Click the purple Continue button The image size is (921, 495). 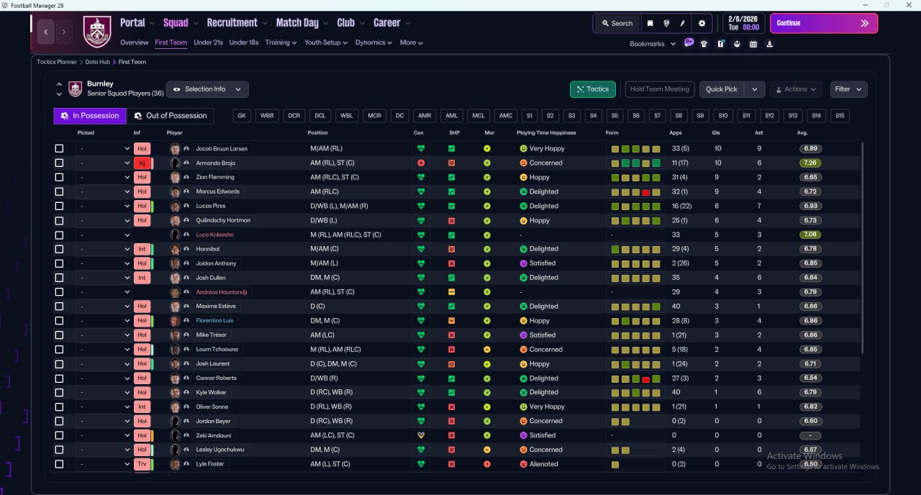(x=824, y=23)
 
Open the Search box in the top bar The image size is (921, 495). (x=617, y=24)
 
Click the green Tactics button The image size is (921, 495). (x=592, y=89)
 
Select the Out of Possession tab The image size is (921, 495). (x=171, y=116)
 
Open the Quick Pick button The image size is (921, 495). (x=721, y=89)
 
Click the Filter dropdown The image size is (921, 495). (x=848, y=89)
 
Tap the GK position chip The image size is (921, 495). (x=242, y=116)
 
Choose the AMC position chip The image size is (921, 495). (x=505, y=116)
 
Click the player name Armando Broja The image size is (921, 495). (x=215, y=163)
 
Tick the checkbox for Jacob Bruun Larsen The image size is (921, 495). (x=59, y=148)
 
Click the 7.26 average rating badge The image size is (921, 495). (x=810, y=163)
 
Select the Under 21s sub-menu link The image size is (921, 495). (x=208, y=42)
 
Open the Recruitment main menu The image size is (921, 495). (x=232, y=23)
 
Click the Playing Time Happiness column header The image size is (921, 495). (x=546, y=133)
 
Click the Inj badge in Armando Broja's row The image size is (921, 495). (x=142, y=163)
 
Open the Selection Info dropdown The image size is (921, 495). (x=207, y=89)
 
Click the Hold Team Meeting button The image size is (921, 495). (x=660, y=89)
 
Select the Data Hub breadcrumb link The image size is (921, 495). (x=97, y=62)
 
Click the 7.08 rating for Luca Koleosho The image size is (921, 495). (x=810, y=235)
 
